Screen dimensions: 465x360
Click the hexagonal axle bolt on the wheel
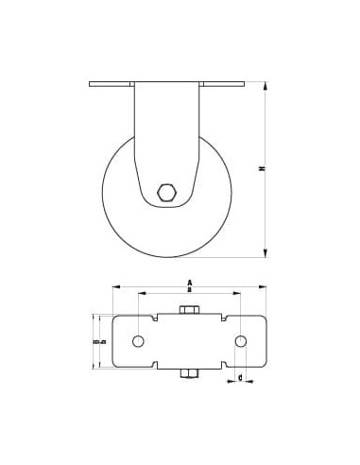point(166,192)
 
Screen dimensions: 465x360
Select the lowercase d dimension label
point(240,378)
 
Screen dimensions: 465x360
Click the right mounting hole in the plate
point(240,340)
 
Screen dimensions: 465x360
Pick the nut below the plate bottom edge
point(189,375)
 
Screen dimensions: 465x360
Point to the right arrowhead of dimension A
point(263,285)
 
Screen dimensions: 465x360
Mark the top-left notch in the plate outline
point(144,318)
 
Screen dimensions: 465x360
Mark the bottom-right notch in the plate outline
point(234,365)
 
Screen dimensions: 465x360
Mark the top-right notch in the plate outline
point(234,318)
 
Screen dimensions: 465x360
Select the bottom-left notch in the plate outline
point(144,365)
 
